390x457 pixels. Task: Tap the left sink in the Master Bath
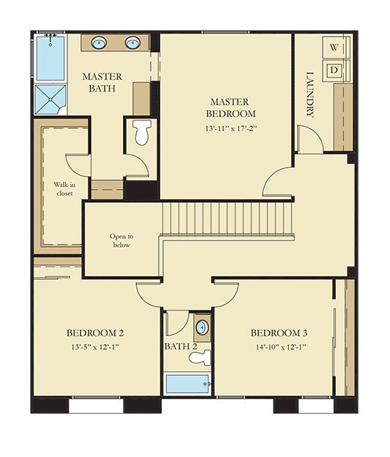pos(99,43)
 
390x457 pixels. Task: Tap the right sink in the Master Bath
pos(133,43)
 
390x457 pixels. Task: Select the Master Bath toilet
pos(142,132)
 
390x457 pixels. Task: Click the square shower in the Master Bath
pos(50,100)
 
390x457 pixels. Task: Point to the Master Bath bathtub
pos(50,58)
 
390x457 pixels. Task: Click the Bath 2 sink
pos(203,327)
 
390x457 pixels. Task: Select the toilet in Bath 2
pos(200,357)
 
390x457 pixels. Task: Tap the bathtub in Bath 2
pos(187,384)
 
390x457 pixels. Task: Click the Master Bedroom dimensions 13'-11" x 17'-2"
pos(231,129)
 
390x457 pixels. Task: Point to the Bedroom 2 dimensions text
pos(95,347)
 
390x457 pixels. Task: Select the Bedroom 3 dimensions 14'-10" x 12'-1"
pos(281,347)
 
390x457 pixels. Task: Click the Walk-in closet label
pos(64,189)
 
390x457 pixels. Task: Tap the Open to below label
pos(121,240)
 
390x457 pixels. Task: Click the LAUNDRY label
pos(310,94)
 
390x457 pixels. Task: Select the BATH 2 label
pos(181,346)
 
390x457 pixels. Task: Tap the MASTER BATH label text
pos(102,82)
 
